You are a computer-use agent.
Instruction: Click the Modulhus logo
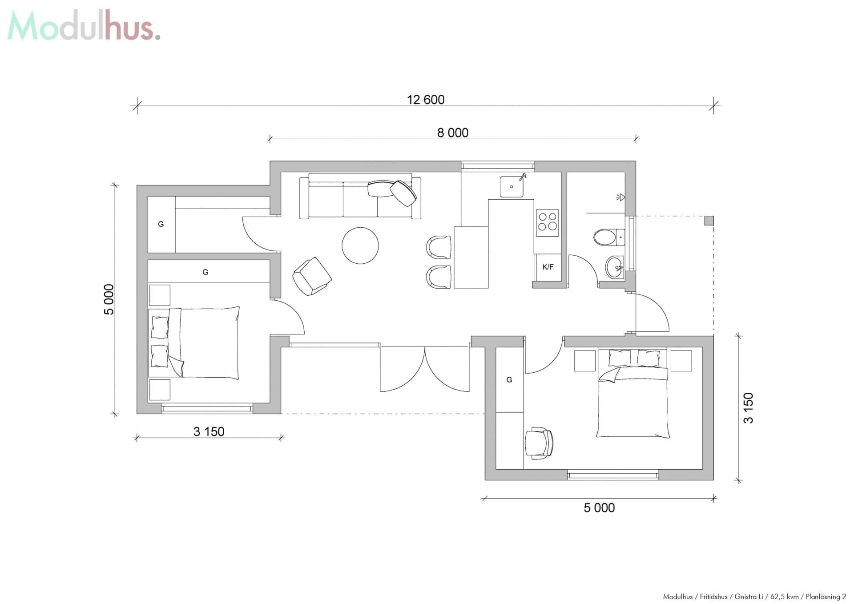(x=84, y=26)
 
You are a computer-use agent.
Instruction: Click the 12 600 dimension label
(x=426, y=100)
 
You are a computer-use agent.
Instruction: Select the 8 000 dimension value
(x=452, y=133)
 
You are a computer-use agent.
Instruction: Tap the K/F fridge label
(x=548, y=267)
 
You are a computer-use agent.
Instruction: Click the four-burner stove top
(x=547, y=221)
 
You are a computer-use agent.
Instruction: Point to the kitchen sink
(x=512, y=187)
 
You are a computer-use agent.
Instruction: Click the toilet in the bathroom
(x=608, y=237)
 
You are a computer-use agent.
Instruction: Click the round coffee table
(x=360, y=246)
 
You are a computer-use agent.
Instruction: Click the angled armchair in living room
(x=312, y=276)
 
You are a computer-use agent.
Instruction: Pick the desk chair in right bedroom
(x=539, y=443)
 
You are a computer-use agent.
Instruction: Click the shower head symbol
(x=621, y=197)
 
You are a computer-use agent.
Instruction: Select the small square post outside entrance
(x=709, y=221)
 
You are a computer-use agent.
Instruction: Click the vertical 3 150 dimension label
(x=749, y=408)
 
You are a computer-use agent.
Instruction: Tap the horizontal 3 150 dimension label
(x=209, y=432)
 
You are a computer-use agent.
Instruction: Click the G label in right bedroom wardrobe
(x=509, y=380)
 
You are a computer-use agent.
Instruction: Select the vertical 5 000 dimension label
(x=109, y=299)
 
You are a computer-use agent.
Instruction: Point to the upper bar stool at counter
(x=439, y=247)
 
